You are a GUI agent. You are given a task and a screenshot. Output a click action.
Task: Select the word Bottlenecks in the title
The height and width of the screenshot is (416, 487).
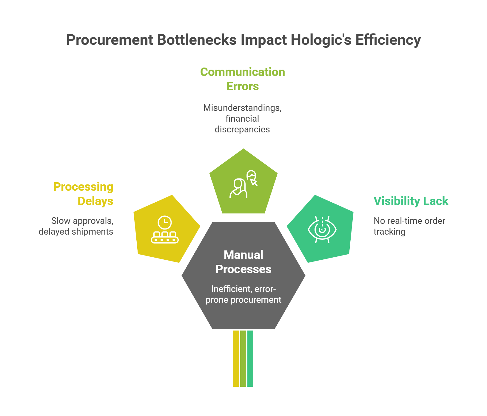tap(197, 40)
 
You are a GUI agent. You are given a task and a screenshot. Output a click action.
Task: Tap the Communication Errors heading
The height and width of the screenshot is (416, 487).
tap(243, 79)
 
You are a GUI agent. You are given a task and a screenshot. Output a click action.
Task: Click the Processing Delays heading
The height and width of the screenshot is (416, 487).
tap(83, 194)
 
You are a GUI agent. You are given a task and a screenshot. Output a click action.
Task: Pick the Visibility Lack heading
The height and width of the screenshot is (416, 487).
tap(411, 201)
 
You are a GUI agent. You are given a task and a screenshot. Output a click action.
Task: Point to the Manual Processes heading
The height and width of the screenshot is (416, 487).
tap(243, 262)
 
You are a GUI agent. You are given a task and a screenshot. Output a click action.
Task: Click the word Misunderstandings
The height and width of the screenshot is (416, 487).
tap(242, 108)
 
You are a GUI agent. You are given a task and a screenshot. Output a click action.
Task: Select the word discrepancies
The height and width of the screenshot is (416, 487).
tap(242, 129)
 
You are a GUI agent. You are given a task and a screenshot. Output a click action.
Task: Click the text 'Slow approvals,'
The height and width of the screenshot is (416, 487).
tap(82, 221)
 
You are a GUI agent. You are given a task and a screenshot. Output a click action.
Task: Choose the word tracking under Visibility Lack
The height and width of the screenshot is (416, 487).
tap(389, 232)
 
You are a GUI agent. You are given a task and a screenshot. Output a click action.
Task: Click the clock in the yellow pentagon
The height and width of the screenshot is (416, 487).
tap(164, 223)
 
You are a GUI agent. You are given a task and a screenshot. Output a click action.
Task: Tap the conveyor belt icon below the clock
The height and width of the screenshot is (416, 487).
tap(165, 238)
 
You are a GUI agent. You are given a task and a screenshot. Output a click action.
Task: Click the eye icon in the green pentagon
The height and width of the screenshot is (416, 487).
tap(322, 230)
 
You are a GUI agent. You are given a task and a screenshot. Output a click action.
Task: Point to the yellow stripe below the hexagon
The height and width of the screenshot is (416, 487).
tap(236, 358)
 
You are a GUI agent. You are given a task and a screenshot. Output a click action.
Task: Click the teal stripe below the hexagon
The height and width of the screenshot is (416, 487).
tap(250, 358)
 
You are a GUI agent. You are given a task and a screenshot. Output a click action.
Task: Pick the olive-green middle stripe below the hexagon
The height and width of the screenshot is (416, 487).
tap(243, 358)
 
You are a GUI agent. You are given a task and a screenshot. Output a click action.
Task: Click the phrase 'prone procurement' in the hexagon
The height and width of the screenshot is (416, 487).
tap(243, 300)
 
